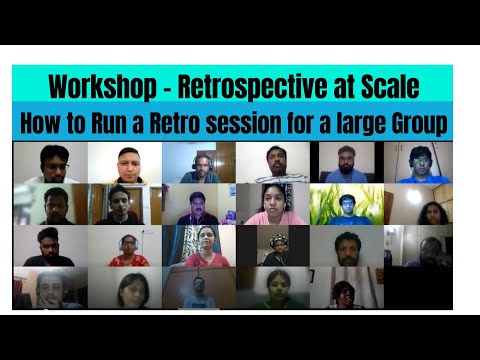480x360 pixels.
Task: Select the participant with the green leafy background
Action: [x=346, y=205]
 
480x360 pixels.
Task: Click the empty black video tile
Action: [x=418, y=288]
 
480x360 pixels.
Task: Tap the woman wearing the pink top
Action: [x=272, y=204]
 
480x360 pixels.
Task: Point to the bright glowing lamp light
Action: [x=413, y=197]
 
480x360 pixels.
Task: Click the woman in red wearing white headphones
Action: [x=127, y=248]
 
